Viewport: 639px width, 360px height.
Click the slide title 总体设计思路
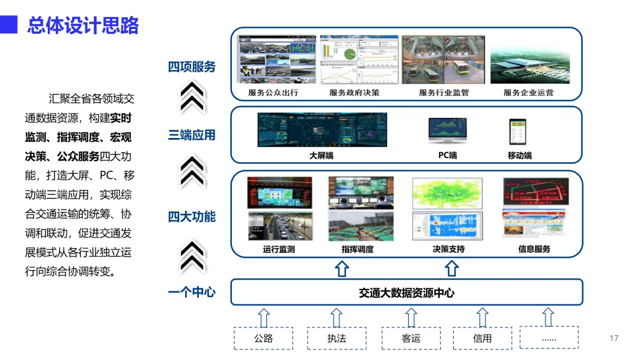click(x=83, y=25)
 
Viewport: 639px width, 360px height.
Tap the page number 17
click(x=614, y=338)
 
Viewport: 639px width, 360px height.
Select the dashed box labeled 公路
click(x=264, y=338)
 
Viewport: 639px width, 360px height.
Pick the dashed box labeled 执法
click(x=337, y=338)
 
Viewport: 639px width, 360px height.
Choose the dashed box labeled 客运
click(x=411, y=338)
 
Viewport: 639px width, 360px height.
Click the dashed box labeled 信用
click(x=482, y=338)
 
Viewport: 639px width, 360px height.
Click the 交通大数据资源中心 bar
click(x=406, y=292)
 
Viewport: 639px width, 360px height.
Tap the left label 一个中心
click(x=192, y=292)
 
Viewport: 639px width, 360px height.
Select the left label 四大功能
click(x=192, y=217)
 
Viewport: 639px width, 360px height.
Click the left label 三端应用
click(x=192, y=135)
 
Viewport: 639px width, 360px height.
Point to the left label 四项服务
click(x=192, y=67)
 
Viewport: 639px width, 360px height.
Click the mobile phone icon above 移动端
click(x=518, y=132)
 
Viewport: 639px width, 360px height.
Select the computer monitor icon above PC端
click(x=447, y=131)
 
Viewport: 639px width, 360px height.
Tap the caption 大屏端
click(x=321, y=156)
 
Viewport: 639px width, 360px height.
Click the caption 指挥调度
click(x=357, y=249)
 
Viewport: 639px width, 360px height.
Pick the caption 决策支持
click(x=448, y=249)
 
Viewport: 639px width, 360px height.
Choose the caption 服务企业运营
click(x=528, y=93)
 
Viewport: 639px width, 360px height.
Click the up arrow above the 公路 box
click(x=264, y=317)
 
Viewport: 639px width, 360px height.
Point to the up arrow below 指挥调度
click(x=342, y=269)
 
